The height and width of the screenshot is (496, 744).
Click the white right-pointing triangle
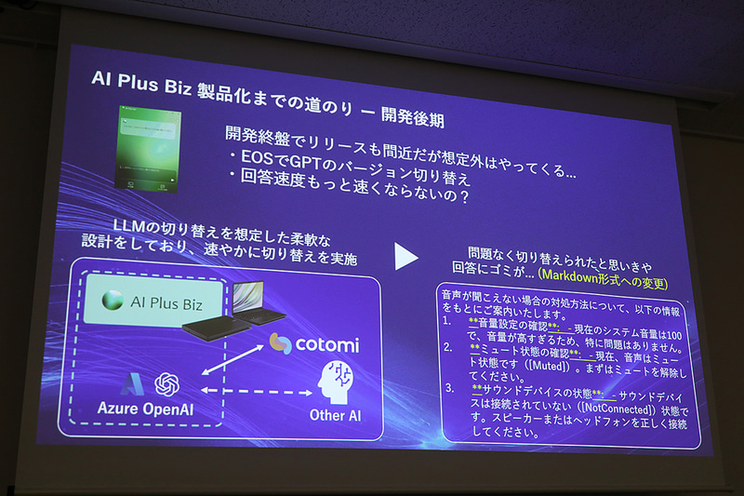click(x=406, y=257)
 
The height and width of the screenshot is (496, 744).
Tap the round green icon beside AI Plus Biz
click(x=113, y=301)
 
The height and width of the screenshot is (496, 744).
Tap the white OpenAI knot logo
click(x=166, y=383)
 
